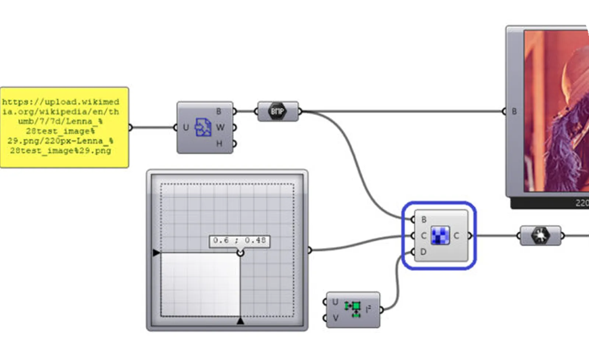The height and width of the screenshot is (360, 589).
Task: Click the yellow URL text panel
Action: point(64,127)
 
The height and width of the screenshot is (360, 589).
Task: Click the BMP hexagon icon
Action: point(278,111)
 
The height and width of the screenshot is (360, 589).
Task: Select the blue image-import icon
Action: point(203,127)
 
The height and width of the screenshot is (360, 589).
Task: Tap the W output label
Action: point(220,127)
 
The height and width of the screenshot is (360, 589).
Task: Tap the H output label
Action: point(219,144)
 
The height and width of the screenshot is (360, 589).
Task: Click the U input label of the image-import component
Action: point(186,127)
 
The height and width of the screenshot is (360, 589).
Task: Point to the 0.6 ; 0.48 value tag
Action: point(240,241)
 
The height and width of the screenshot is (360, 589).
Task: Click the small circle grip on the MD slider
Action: point(240,253)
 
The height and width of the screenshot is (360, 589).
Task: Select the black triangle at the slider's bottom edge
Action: point(240,321)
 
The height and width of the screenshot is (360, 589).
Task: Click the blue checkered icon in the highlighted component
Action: point(440,236)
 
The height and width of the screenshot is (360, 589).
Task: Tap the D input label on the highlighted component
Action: point(423,252)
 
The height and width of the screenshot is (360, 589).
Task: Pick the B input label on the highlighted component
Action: point(424,219)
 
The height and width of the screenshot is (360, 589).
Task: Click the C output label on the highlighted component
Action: point(456,236)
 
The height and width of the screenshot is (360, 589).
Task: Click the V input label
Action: point(335,317)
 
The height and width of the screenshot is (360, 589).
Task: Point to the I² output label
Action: point(368,310)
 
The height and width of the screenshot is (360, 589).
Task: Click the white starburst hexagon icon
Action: point(540,236)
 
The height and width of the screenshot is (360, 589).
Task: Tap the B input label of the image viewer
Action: point(514,111)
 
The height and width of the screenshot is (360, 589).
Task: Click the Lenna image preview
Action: point(556,110)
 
